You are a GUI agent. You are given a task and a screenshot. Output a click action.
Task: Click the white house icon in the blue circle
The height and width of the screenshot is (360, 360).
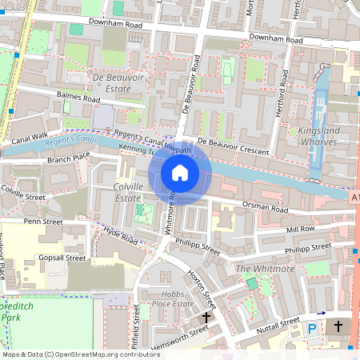point(180,172)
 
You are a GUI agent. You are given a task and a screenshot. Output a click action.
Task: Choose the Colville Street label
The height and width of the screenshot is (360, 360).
point(22,195)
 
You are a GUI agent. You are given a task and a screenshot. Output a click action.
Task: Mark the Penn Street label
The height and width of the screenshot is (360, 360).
point(42,221)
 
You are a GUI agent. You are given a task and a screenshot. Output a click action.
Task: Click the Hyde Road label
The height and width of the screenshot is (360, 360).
point(122,236)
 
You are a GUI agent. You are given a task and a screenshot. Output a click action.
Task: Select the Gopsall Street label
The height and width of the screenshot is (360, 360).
point(62,258)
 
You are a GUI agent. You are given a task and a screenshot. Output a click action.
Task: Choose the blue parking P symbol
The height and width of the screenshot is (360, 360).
point(313,328)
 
